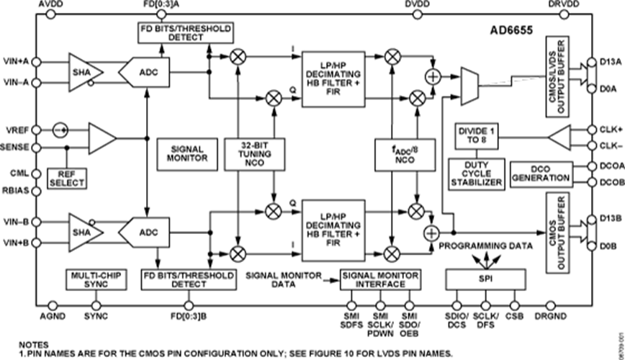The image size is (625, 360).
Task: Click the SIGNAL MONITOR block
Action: (187, 155)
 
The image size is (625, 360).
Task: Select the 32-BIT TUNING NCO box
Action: (254, 155)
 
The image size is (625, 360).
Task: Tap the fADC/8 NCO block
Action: (405, 155)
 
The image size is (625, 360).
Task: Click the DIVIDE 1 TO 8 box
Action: (477, 136)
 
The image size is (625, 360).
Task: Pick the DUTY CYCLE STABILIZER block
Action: (477, 174)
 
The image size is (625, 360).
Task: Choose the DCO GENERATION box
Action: (541, 174)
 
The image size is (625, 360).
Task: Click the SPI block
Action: (485, 279)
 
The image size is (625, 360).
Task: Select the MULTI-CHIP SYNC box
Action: (96, 279)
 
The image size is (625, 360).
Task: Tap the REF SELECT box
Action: (67, 179)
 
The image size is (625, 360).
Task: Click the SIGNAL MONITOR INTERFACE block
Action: (380, 279)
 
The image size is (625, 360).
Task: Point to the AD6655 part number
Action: (511, 31)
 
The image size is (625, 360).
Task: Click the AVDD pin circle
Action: (51, 14)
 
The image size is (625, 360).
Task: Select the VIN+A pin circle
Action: (36, 62)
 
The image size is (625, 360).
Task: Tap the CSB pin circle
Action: (515, 306)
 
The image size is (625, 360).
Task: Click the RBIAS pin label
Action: (16, 191)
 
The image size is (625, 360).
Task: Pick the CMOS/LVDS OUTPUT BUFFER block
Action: (557, 77)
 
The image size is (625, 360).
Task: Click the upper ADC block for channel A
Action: (144, 73)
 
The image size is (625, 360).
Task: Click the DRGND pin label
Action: (550, 316)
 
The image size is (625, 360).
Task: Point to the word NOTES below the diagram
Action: (34, 345)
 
